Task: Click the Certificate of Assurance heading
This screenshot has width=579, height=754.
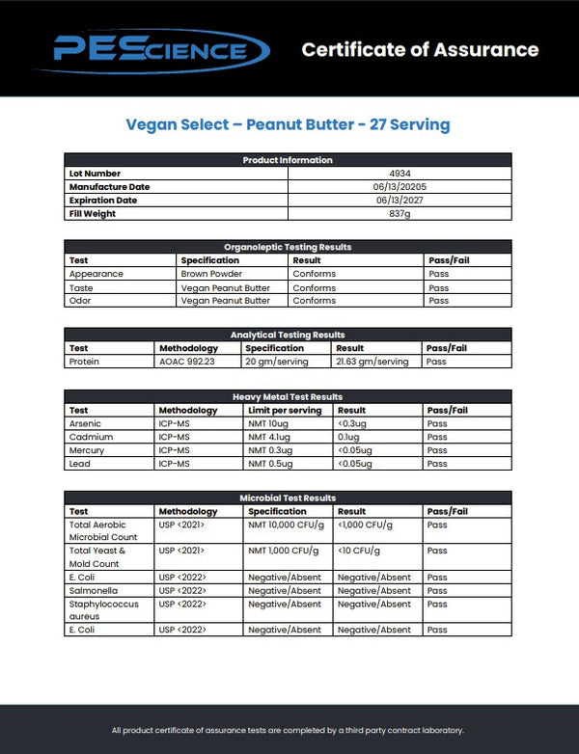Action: [420, 49]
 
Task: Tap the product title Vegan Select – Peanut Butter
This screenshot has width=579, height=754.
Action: [288, 125]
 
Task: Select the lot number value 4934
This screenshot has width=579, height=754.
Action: [400, 174]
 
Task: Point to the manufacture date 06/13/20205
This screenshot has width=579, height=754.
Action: [400, 187]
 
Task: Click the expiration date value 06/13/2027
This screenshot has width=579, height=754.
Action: [400, 201]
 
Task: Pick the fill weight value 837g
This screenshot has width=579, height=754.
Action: [400, 214]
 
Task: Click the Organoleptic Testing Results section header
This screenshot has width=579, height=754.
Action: [288, 247]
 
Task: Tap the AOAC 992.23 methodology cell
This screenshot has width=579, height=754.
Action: [189, 362]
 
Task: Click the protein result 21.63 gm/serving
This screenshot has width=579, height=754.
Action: [372, 362]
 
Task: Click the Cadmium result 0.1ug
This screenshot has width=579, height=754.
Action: [349, 437]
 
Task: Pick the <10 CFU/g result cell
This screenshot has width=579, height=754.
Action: [359, 551]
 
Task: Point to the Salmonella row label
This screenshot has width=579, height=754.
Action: [90, 590]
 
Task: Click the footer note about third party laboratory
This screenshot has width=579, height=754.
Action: [288, 730]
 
